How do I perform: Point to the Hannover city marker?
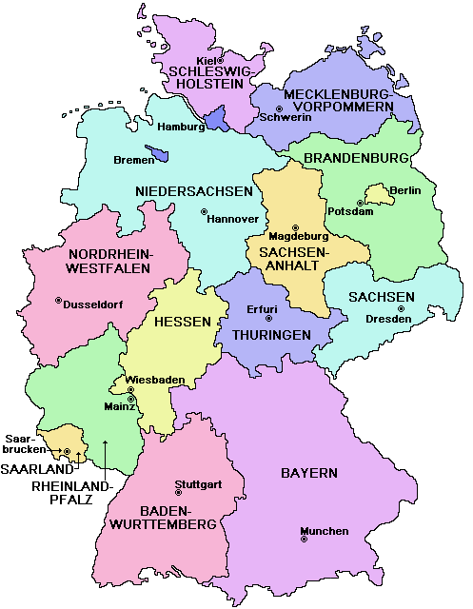click(203, 211)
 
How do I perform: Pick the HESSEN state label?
click(182, 323)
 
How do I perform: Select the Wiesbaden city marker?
click(130, 390)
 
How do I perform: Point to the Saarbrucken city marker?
click(67, 451)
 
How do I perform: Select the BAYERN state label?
click(308, 473)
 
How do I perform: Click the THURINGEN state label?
click(271, 336)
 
